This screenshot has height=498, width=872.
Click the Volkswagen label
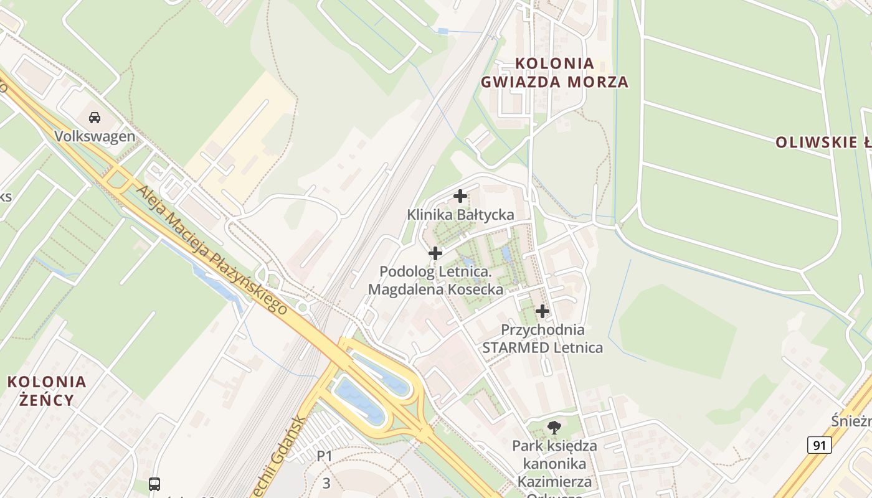tap(95, 136)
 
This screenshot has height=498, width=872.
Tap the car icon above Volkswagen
tap(95, 117)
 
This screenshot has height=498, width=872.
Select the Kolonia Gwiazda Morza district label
tap(554, 72)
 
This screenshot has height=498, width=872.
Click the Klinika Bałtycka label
tap(460, 215)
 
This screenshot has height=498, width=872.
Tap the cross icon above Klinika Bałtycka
tap(460, 196)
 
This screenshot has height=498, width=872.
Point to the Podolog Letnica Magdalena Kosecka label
tap(435, 280)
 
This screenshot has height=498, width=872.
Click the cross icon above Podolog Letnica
tap(435, 253)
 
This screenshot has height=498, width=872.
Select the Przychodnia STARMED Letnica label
tap(543, 339)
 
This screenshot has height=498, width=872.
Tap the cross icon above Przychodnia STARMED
tap(543, 311)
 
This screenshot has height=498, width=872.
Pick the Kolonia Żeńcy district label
tap(47, 390)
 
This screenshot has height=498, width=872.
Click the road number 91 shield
tap(820, 445)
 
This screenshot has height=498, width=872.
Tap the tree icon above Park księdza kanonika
tap(554, 427)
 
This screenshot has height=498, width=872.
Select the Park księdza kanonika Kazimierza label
tap(554, 464)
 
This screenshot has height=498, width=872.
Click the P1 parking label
tap(325, 456)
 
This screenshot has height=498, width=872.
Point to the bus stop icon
tap(154, 484)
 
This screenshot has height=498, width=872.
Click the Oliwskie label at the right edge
tap(823, 143)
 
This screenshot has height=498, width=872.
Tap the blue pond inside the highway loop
tap(358, 398)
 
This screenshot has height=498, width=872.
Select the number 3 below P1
tap(326, 482)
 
